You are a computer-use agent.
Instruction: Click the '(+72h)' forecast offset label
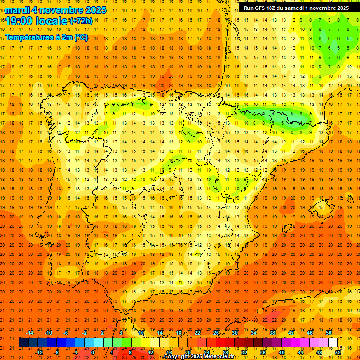tap(81, 21)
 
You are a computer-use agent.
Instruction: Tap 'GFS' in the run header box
tap(264, 8)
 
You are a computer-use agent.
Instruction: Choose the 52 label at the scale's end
tap(338, 352)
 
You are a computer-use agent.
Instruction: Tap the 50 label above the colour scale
tap(328, 333)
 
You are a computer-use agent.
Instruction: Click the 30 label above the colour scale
tap(234, 333)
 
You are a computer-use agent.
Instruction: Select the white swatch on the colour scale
tap(333, 342)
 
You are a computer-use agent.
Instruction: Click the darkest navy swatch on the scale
tap(23, 342)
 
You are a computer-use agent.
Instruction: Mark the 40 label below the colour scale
tap(281, 352)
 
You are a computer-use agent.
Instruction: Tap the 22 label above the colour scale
tap(197, 333)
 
